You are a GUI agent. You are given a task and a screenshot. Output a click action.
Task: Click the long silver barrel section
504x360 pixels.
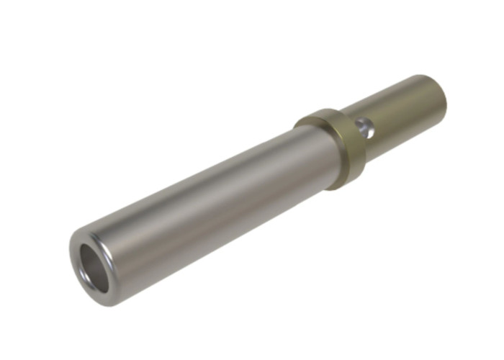209,202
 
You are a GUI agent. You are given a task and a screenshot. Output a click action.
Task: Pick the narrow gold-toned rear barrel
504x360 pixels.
403,115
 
